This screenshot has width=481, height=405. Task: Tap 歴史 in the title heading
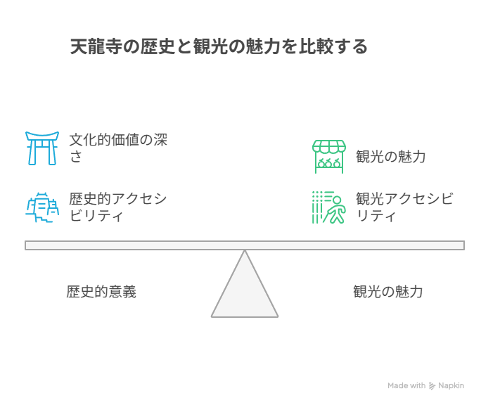[x=153, y=47]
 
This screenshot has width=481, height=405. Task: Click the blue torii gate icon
[x=41, y=148]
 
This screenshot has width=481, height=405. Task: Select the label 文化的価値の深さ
[x=117, y=148]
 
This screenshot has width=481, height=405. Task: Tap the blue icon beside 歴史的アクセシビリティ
[x=41, y=207]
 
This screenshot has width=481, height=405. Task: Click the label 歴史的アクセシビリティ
[x=117, y=207]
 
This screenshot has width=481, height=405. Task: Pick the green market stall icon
[x=329, y=156]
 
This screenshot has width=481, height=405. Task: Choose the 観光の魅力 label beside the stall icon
[x=390, y=157]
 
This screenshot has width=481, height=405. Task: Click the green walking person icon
[x=329, y=207]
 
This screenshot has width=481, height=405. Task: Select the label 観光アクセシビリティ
[x=404, y=207]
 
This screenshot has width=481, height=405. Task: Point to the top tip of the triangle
[x=245, y=252]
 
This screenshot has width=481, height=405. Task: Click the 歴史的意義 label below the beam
[x=101, y=292]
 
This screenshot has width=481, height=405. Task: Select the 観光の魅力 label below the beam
[x=387, y=292]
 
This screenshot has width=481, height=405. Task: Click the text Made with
[x=406, y=386]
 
